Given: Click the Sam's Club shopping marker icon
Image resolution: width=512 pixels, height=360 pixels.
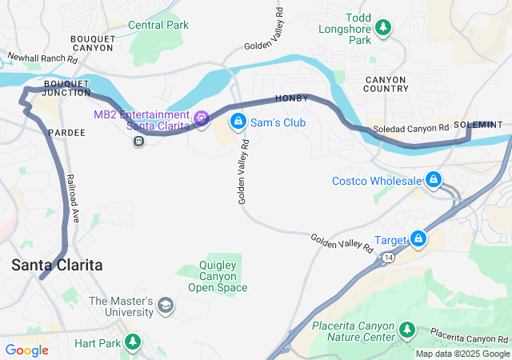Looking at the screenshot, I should (238, 122).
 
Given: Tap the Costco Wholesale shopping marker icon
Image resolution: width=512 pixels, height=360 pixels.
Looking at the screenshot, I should (434, 179).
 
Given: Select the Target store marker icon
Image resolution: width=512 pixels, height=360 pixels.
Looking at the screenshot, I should (418, 238).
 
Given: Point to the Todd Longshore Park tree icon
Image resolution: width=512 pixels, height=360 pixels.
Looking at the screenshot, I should (383, 28).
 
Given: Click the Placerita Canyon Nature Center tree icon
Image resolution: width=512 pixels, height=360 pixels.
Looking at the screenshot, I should (407, 330).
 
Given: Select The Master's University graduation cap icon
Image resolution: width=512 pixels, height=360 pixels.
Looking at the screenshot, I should (166, 305).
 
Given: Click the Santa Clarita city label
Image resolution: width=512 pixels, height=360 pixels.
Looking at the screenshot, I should (57, 265).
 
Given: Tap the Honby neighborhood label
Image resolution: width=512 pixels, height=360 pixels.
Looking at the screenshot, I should (291, 98).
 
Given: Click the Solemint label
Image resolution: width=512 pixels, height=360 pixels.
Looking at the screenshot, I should (478, 125).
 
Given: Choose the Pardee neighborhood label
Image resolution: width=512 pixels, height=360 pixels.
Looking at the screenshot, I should (66, 132).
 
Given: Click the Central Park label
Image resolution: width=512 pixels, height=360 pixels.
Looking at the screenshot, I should (158, 25).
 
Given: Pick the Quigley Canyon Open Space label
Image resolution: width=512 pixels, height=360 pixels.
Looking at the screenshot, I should (218, 276).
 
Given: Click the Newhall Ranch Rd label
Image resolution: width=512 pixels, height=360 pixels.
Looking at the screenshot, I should (42, 58).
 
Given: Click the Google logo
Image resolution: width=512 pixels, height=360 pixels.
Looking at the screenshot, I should (26, 350).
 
